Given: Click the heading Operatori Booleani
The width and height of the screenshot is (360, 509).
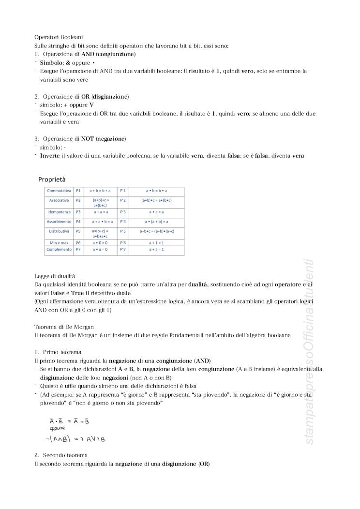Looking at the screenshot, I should click(59, 37).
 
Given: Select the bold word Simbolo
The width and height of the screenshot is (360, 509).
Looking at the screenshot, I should click(51, 63).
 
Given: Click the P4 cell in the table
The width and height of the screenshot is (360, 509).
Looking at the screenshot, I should click(78, 221).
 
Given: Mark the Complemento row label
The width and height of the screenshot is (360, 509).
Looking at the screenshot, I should click(59, 250).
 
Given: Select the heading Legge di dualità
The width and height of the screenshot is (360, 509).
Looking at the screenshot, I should click(55, 275).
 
